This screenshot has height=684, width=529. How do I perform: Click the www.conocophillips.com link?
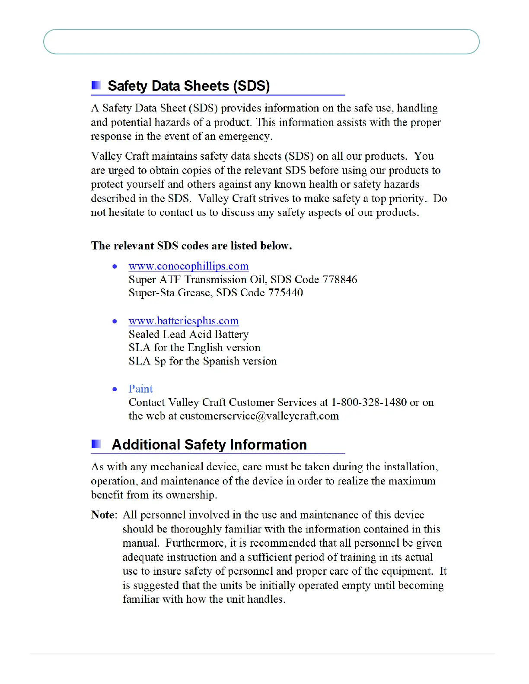pos(188,266)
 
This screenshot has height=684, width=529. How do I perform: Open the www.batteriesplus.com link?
pos(183,321)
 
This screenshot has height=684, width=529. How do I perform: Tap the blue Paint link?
pos(140,389)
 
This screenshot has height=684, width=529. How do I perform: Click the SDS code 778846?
pos(340,279)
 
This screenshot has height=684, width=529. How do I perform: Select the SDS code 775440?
pos(285,293)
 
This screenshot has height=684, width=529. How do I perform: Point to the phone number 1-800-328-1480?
pos(369,402)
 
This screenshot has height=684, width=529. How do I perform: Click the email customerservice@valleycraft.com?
pos(259,416)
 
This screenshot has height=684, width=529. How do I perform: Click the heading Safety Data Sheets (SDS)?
pos(188,86)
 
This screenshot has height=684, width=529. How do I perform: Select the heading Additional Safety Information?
pos(209,445)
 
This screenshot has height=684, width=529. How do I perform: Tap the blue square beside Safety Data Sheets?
pos(96,85)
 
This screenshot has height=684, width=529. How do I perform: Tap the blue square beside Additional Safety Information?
pos(96,444)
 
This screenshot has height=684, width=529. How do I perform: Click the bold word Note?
pos(103,515)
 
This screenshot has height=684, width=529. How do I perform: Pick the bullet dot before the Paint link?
pos(115,389)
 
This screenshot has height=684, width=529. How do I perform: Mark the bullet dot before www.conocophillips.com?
pos(115,266)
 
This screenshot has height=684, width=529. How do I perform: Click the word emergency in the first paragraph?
pos(245,136)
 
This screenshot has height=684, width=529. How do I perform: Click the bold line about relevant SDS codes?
pos(191,246)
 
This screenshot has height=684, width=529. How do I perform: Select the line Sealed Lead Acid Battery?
pos(188,334)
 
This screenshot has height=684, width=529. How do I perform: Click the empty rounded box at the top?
pos(261,42)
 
